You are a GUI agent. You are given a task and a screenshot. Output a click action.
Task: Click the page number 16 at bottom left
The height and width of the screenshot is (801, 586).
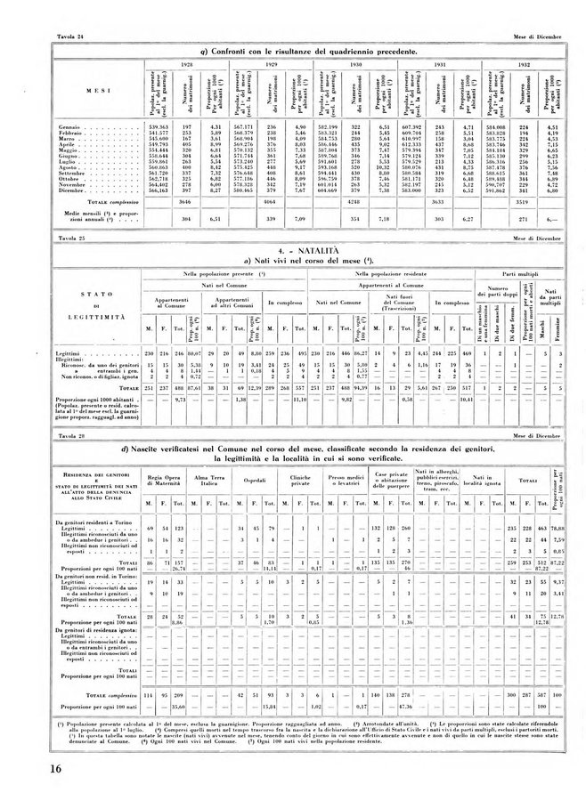pos(44,770)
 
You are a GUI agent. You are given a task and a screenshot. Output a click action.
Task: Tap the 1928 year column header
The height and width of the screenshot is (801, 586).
pos(187,66)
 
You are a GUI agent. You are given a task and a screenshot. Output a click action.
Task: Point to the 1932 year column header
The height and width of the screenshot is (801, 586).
pos(525,66)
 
